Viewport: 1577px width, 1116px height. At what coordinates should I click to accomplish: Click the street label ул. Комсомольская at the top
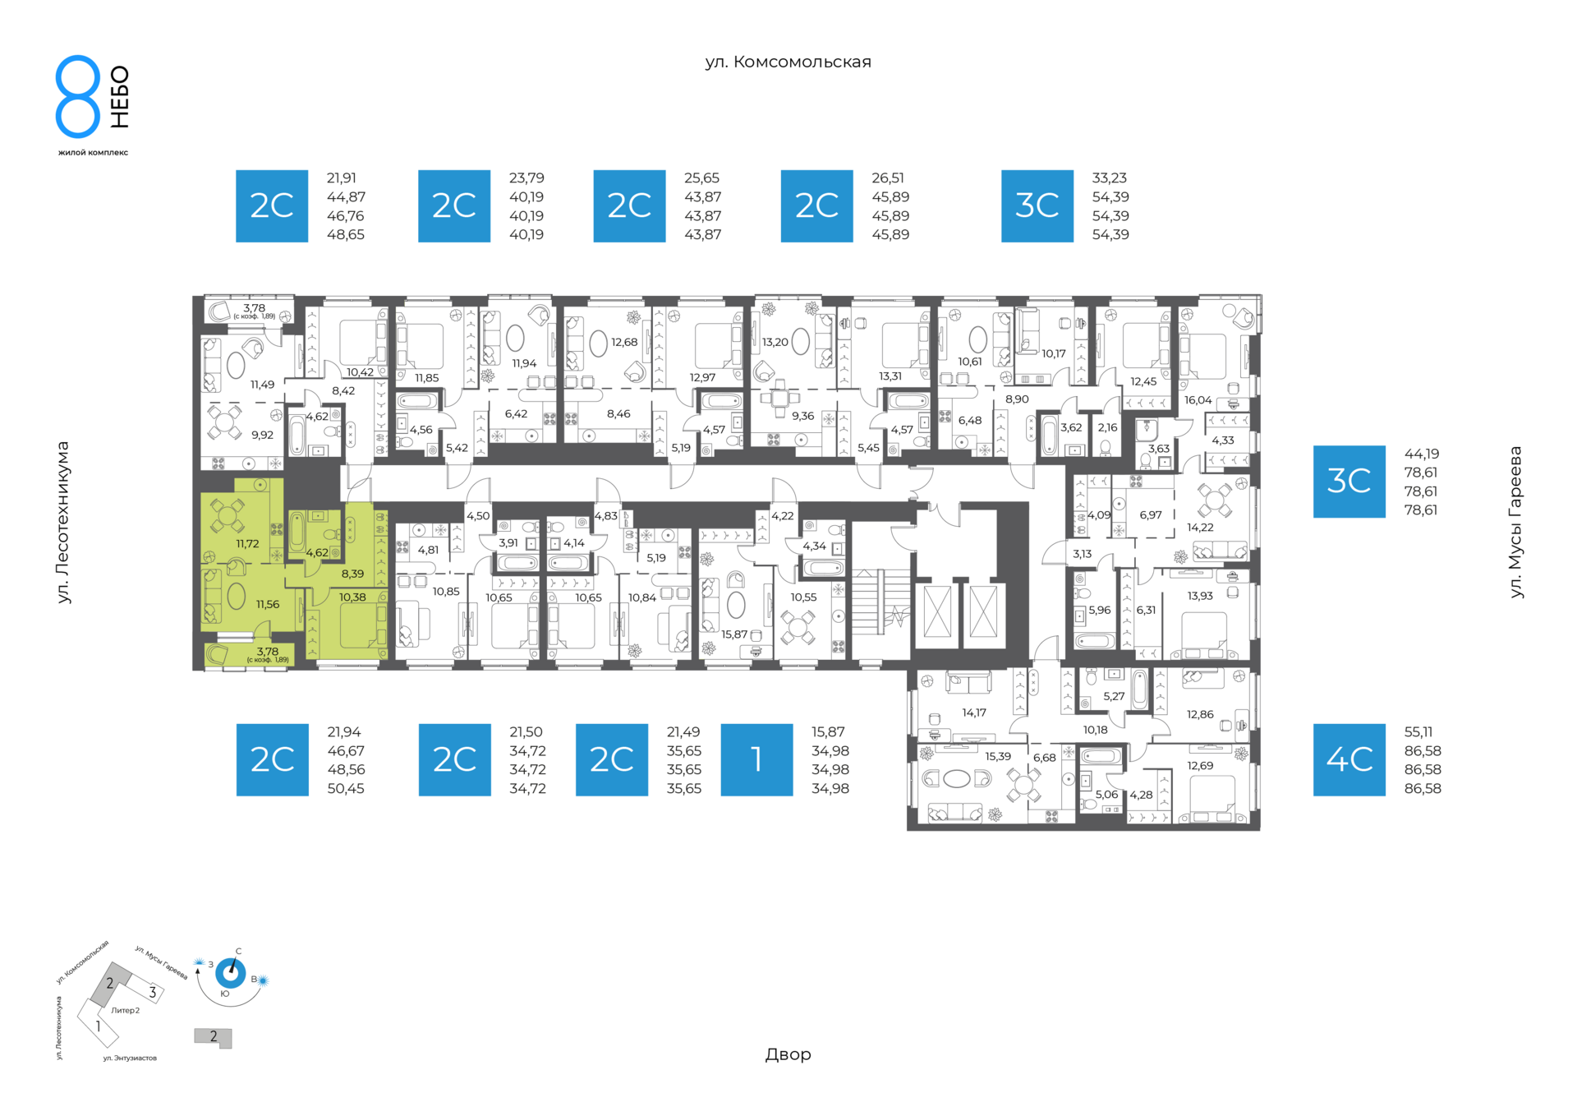click(x=788, y=62)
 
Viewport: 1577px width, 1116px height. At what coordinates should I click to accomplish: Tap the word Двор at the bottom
click(x=788, y=1054)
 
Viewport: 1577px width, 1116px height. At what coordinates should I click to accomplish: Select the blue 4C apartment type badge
click(x=1349, y=759)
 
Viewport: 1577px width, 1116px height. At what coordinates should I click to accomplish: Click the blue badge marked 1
click(x=756, y=759)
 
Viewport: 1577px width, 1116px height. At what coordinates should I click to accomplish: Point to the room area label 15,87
click(x=734, y=634)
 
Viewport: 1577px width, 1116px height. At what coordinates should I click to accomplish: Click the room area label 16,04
click(x=1198, y=400)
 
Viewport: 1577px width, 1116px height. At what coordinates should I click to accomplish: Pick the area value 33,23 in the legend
click(x=1109, y=178)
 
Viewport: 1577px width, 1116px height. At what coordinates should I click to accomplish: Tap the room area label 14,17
click(x=974, y=712)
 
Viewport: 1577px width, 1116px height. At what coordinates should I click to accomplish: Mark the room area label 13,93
click(x=1200, y=596)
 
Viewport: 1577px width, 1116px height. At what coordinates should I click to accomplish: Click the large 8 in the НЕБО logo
click(x=77, y=96)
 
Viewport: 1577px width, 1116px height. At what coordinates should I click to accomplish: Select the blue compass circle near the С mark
click(x=230, y=974)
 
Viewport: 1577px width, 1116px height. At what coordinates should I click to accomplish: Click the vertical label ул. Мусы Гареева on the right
click(x=1515, y=522)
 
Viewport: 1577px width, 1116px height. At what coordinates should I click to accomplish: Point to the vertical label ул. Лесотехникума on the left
click(x=63, y=522)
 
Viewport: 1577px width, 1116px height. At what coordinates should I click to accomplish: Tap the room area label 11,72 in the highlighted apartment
click(x=247, y=544)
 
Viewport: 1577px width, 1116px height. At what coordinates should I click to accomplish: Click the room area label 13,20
click(x=775, y=342)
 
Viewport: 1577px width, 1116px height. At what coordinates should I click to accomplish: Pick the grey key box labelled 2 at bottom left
click(x=214, y=1038)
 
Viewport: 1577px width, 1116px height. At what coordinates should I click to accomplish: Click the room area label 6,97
click(x=1151, y=515)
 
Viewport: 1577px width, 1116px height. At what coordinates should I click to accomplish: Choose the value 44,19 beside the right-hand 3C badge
click(x=1421, y=454)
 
